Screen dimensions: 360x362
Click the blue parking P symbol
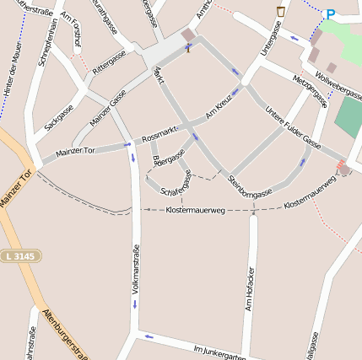click(330, 14)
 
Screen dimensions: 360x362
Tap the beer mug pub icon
click(280, 11)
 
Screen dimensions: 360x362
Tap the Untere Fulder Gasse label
click(293, 125)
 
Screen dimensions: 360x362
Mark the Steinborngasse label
click(250, 187)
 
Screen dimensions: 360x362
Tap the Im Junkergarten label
click(218, 352)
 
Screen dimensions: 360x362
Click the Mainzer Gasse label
click(107, 109)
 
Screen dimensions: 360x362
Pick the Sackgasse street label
click(59, 117)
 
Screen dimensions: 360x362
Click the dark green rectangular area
click(348, 119)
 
